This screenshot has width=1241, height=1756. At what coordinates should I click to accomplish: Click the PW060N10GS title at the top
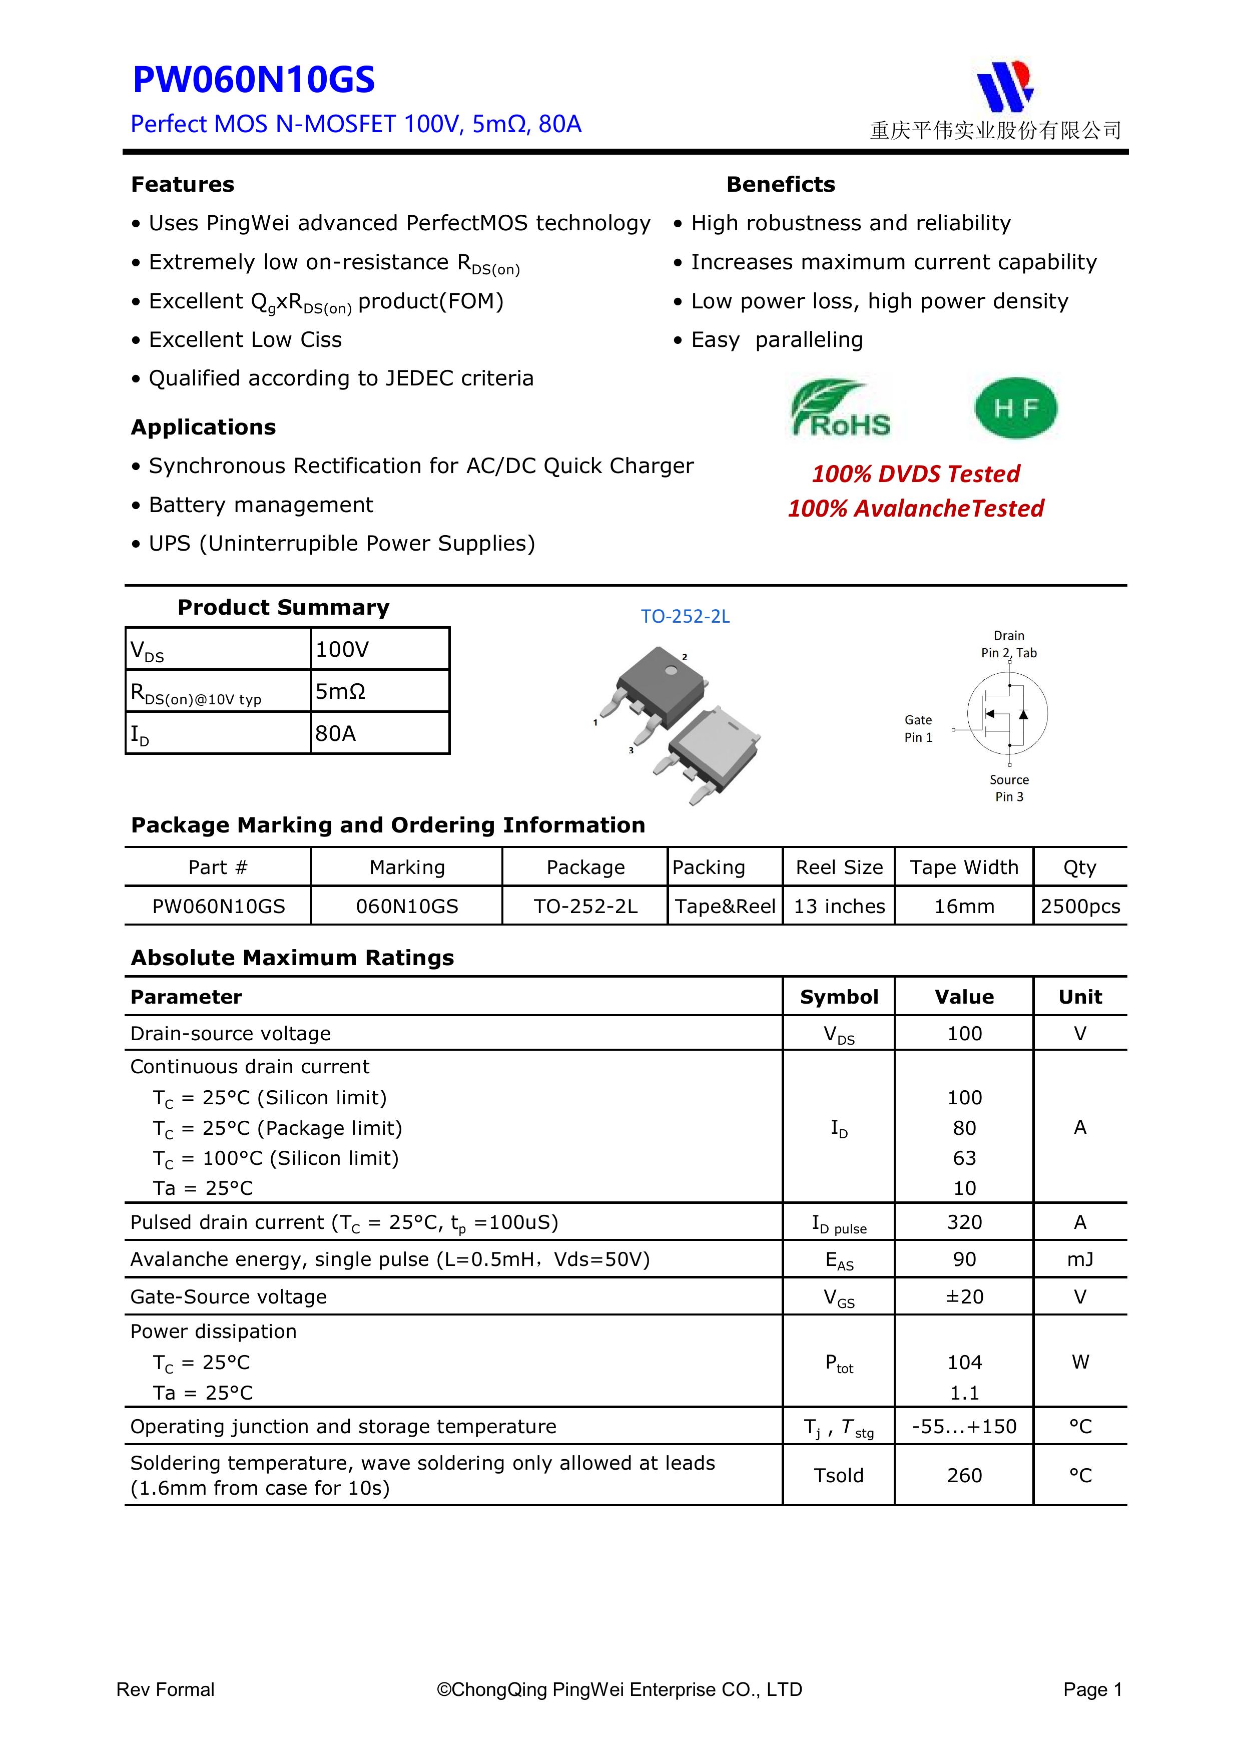click(253, 80)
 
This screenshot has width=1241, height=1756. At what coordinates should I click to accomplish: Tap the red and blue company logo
click(1005, 86)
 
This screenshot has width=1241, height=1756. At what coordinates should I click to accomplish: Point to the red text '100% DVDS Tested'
click(915, 474)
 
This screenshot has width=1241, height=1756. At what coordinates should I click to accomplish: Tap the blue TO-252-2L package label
click(685, 616)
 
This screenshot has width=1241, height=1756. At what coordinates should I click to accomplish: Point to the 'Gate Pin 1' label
click(918, 729)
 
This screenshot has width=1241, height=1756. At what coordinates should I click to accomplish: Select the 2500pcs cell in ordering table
click(1080, 907)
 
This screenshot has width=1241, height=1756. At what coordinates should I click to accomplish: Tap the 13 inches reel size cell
click(839, 907)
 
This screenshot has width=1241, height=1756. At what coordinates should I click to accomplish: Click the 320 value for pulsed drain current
click(964, 1222)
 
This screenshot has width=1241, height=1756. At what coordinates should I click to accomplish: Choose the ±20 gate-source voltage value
click(964, 1296)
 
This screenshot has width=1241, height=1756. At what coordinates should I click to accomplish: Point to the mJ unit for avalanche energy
click(1080, 1259)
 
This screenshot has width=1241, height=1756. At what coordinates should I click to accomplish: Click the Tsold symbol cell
click(838, 1475)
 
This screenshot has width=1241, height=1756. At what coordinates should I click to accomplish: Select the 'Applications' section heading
click(203, 427)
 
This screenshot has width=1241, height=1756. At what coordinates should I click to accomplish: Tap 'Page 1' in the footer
click(1092, 1689)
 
